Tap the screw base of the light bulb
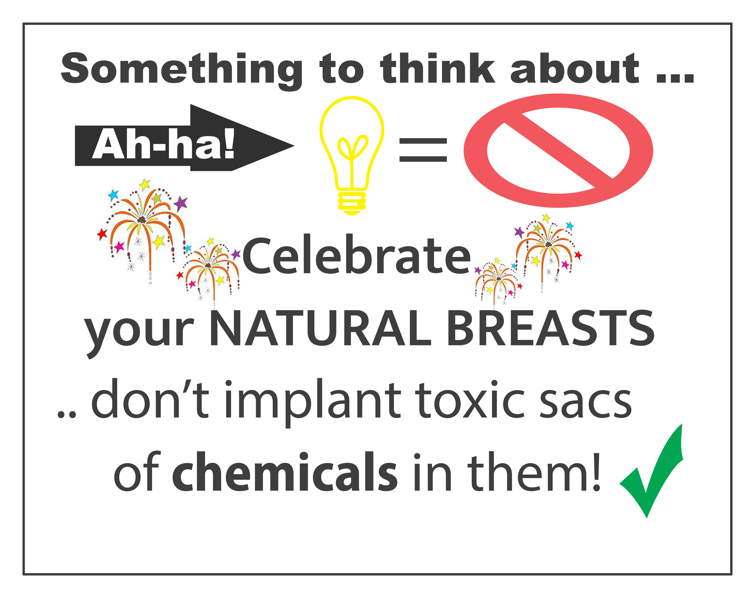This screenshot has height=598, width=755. (352, 203)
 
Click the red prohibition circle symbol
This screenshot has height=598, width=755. (558, 151)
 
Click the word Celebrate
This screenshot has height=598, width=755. (357, 256)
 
